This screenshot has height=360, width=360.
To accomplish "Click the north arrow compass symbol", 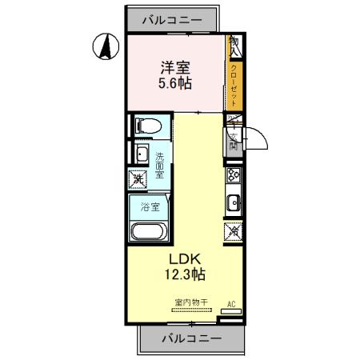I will coord(103,47).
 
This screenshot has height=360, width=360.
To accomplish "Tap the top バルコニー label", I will coord(170,21).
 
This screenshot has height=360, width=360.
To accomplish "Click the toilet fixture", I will coord(148,126).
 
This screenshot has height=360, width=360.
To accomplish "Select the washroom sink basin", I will coord(141,154).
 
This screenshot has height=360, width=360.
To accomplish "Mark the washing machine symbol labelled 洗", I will coord(138,180).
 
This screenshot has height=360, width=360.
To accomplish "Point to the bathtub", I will coord(148,233).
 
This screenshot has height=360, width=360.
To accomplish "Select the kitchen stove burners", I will coord(234,175).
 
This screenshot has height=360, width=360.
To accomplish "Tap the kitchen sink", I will coord(234,202).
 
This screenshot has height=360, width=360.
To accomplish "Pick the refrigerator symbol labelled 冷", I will coord(234,232).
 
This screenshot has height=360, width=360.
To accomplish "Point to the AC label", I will coord(231,304).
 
